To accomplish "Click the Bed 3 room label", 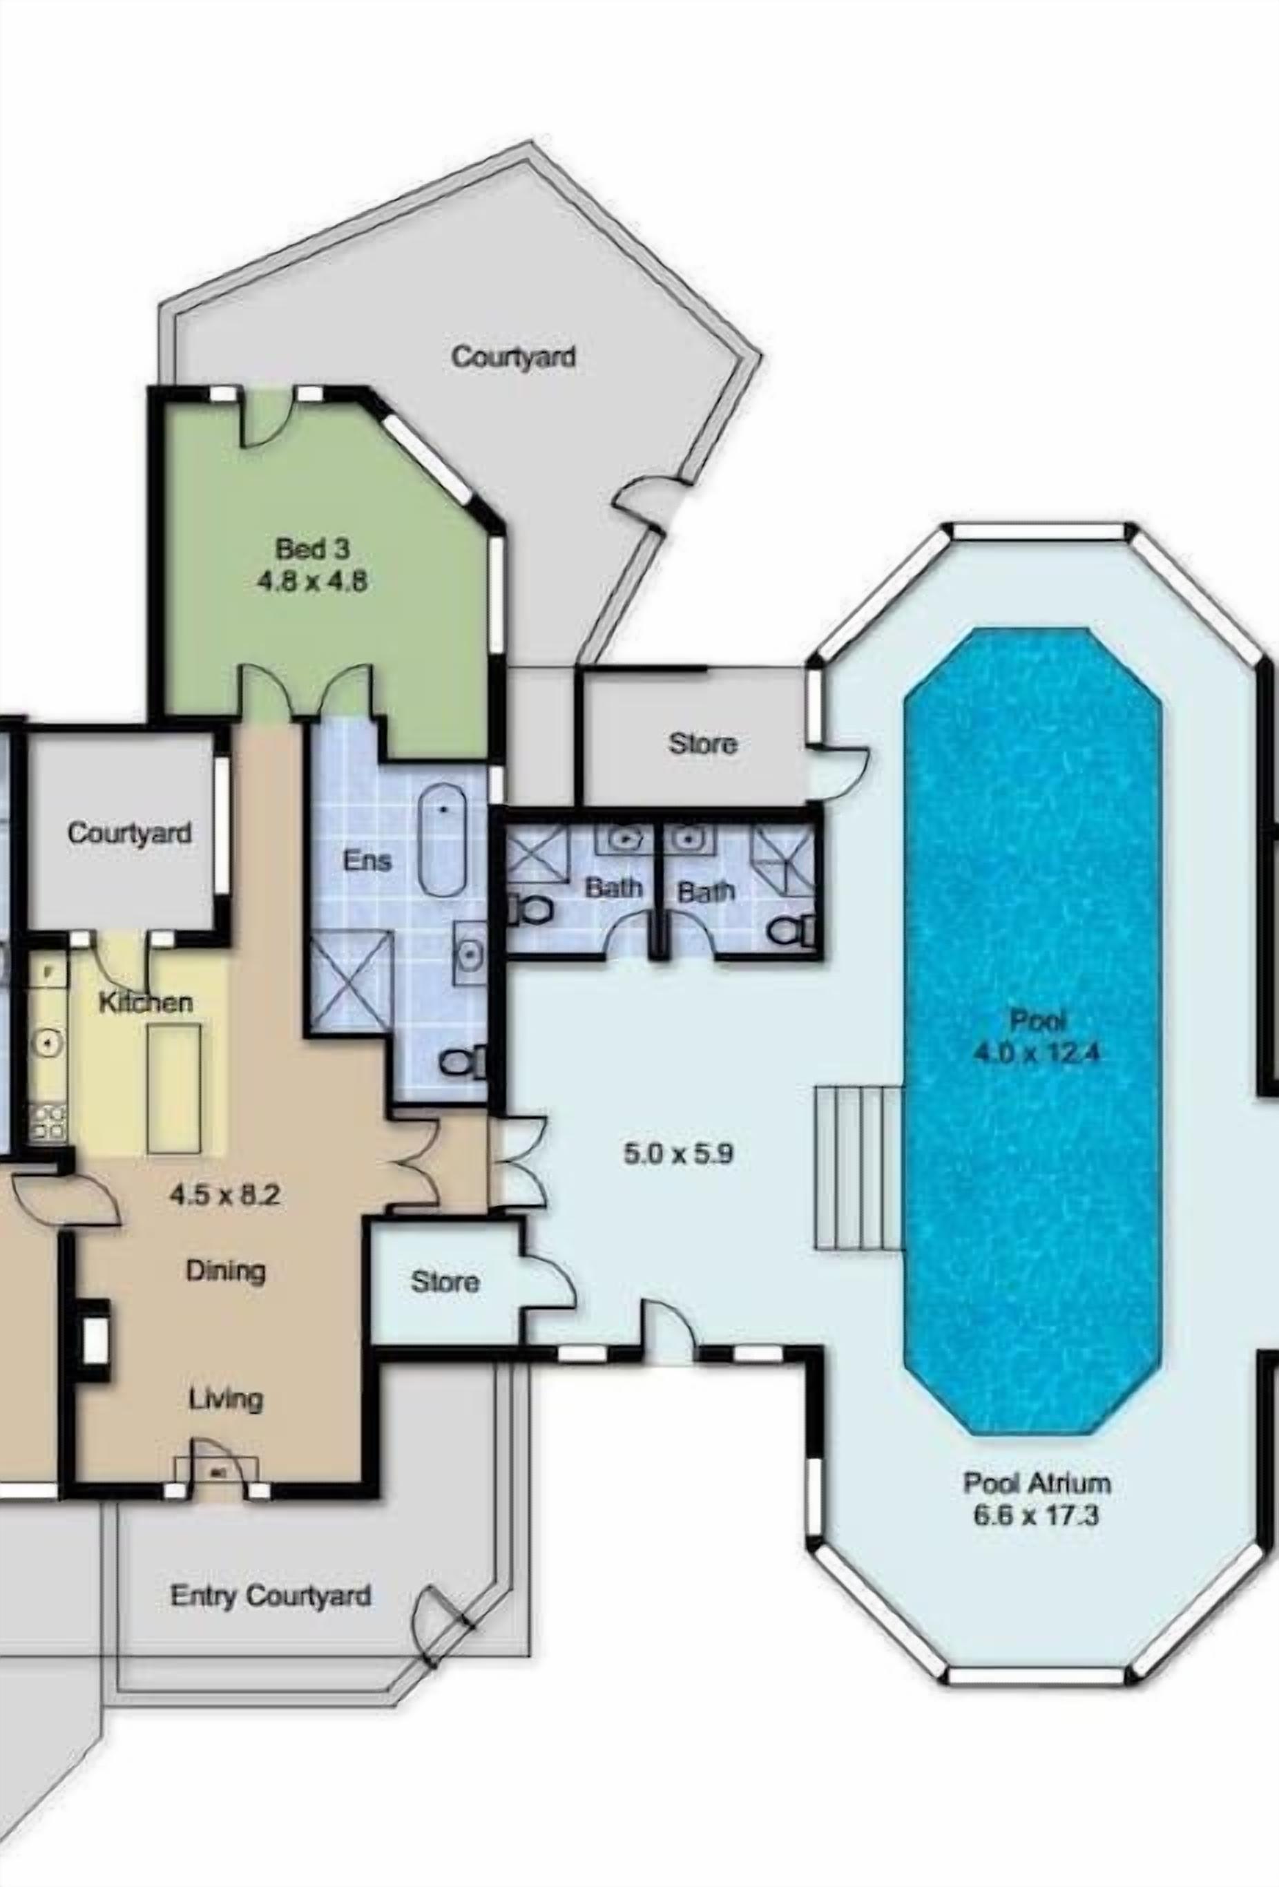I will point(313,549).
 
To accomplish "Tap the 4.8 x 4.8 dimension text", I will point(313,582).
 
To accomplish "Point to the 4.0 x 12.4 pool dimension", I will point(1037,1053).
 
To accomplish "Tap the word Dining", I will point(226,1271).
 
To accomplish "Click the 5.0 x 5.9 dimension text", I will point(679,1153).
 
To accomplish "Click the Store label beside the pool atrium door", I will point(703,744).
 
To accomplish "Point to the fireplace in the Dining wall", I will point(96,1340).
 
